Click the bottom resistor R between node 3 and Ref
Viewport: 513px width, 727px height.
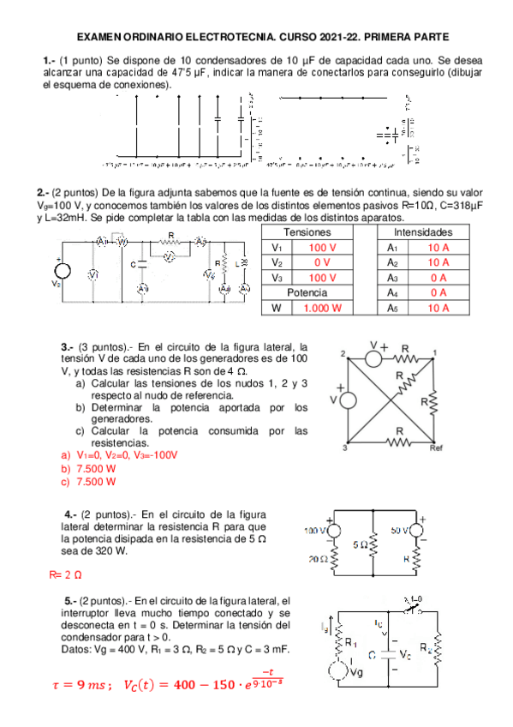coord(400,442)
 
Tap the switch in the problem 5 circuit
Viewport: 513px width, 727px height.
coord(415,610)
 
